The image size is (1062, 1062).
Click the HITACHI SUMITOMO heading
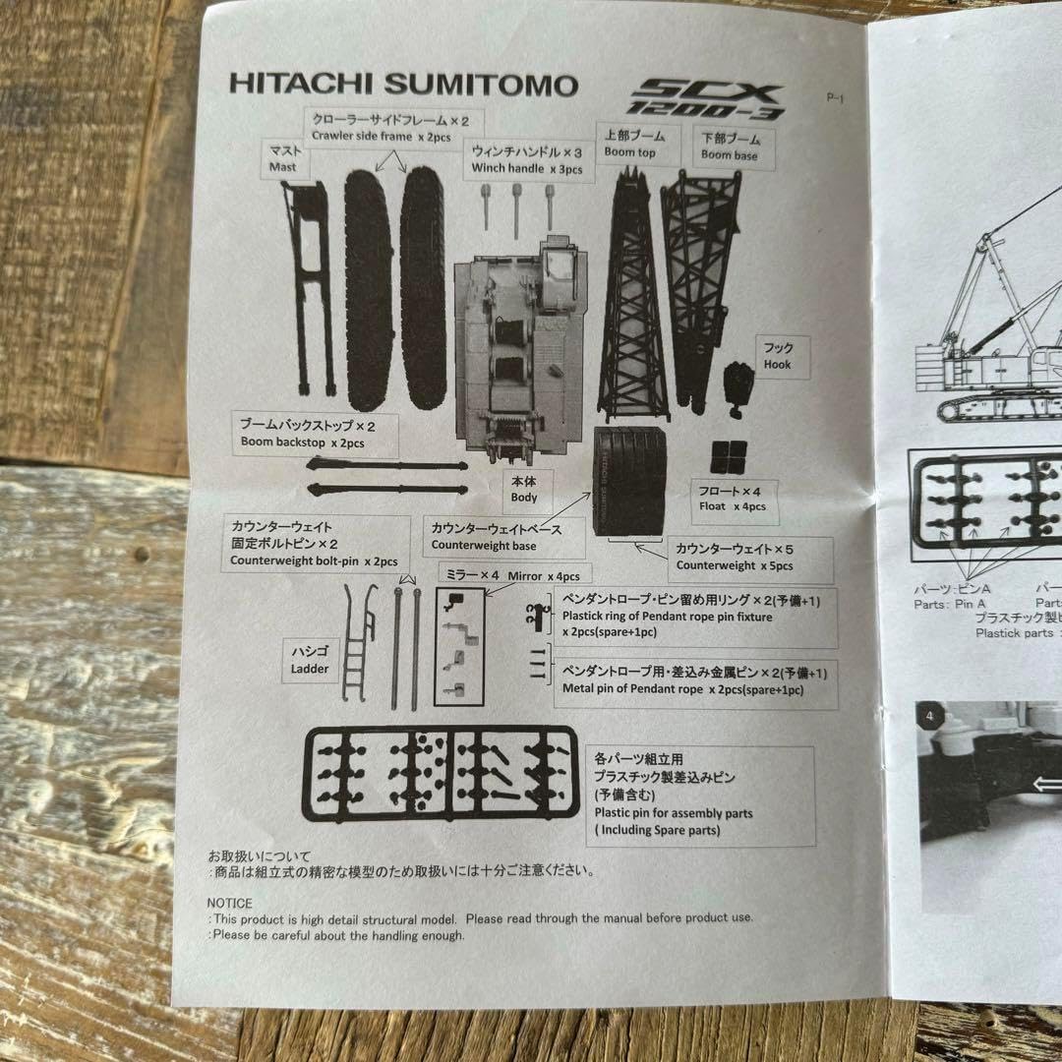[403, 85]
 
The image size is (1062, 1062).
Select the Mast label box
[284, 158]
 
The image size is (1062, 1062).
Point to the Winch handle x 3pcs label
[527, 159]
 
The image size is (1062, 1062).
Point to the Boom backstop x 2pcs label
[305, 433]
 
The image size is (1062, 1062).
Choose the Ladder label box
[311, 660]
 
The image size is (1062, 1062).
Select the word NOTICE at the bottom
[229, 903]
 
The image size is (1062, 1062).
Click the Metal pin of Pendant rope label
[695, 680]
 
